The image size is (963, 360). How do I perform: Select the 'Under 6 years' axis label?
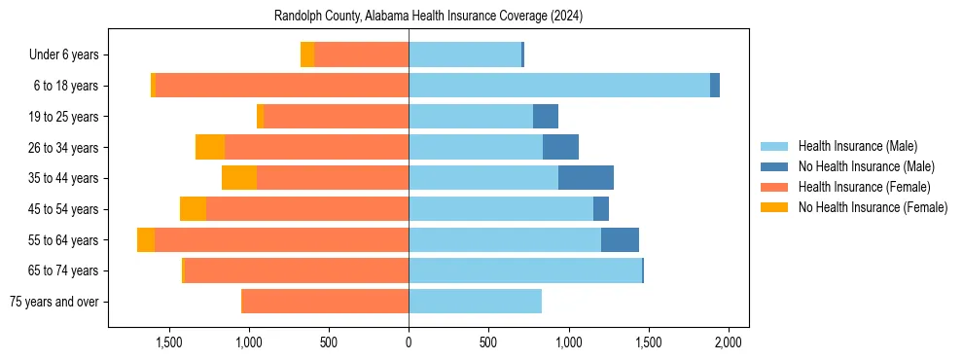pos(69,55)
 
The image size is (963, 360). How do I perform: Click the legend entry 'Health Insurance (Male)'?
pos(858,146)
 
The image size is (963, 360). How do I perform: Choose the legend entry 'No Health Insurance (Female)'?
pos(873,207)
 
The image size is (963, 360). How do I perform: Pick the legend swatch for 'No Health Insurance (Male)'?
pos(774,166)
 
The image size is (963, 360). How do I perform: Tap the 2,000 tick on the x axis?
pos(729,342)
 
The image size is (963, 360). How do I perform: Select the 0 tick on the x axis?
pos(409,342)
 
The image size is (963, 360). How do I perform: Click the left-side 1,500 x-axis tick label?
pos(169,342)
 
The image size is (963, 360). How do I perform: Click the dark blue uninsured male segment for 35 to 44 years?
pos(586,178)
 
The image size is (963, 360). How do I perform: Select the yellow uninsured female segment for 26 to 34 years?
pos(210,147)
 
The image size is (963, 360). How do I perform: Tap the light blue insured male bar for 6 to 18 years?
pos(559,86)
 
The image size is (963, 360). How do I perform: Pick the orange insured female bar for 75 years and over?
pos(325,302)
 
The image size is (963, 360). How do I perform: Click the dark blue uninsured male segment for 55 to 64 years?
pos(620,239)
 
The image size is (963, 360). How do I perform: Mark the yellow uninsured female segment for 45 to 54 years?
pos(193,209)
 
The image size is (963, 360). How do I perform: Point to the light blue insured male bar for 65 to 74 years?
pos(525,270)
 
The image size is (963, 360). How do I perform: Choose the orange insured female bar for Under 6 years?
pos(361,55)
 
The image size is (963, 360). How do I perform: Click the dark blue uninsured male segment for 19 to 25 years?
pos(546,117)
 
